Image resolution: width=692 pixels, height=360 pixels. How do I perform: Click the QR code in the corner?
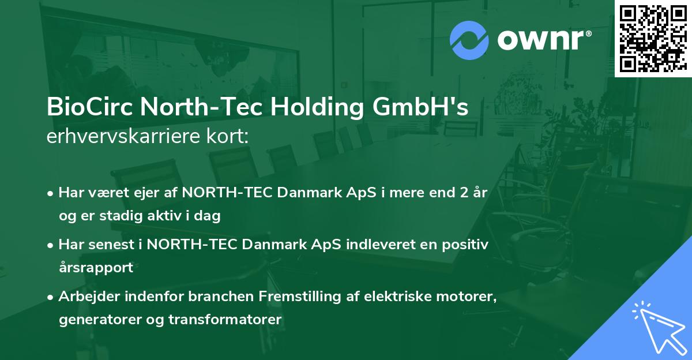click(x=653, y=38)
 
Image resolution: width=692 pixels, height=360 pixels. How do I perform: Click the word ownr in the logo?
click(x=543, y=40)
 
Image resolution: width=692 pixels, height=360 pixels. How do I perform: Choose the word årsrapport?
click(x=96, y=268)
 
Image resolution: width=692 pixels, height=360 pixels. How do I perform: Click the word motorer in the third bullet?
click(x=468, y=296)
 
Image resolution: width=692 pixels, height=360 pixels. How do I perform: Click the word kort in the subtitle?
click(x=230, y=137)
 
